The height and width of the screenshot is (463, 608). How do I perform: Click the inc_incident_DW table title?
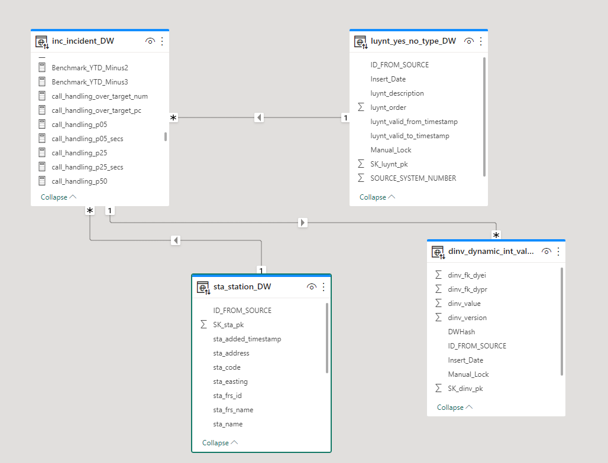click(83, 41)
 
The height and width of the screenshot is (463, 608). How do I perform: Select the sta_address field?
click(231, 353)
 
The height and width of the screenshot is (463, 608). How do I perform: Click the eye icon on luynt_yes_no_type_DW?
click(469, 41)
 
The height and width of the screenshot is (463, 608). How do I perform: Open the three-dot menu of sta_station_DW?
click(324, 287)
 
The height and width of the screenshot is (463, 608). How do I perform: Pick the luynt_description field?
click(397, 93)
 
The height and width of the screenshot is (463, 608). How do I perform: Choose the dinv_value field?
click(464, 304)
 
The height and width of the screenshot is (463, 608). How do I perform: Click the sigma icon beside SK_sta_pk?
click(203, 324)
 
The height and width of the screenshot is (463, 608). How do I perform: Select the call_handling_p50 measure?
click(79, 181)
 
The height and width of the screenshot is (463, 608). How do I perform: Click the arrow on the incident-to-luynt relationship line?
click(260, 118)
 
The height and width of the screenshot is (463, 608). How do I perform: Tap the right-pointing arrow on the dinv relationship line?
click(303, 223)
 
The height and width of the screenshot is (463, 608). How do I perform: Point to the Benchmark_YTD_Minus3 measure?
click(90, 82)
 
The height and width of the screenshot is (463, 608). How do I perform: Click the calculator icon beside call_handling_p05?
click(42, 124)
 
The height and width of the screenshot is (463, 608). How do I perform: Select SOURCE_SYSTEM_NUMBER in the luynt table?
click(413, 178)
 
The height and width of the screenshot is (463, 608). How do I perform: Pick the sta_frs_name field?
click(233, 410)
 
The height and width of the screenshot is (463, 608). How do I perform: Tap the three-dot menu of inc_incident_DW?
click(162, 41)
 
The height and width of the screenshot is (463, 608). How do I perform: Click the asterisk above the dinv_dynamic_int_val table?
click(496, 235)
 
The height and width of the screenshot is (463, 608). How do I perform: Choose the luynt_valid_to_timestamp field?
click(410, 136)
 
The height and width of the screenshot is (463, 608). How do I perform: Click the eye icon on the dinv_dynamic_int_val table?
click(546, 251)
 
